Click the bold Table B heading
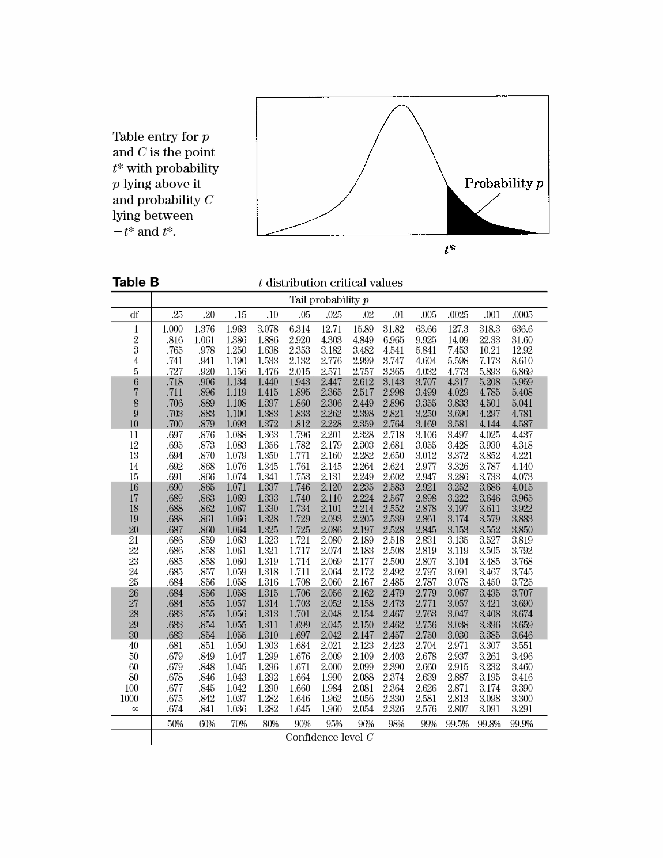[x=136, y=282]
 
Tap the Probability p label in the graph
[x=504, y=183]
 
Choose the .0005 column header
[x=522, y=315]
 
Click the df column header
[x=134, y=315]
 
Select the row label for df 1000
[x=130, y=699]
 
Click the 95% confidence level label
[x=334, y=724]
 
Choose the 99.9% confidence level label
[x=522, y=724]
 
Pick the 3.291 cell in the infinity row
[x=522, y=709]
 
